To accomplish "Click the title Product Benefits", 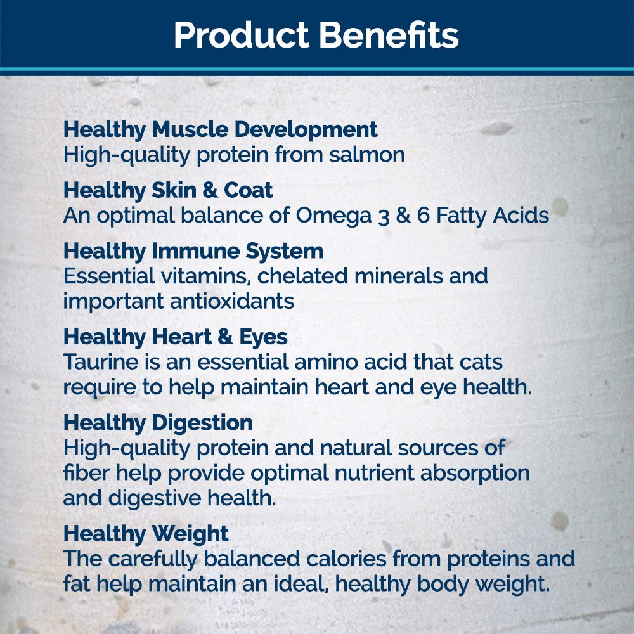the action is point(316,35).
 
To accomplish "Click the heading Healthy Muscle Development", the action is point(221,130).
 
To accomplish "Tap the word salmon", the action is point(366,155).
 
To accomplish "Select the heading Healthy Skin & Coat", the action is point(168,190).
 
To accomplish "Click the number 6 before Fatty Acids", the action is point(423,215).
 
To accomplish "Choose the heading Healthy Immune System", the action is point(193,252).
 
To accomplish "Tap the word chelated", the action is point(302,276).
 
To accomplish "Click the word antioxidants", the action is point(232,301).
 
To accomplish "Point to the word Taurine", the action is point(101,362).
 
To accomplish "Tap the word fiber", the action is point(86,473).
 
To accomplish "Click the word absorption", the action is point(475,474).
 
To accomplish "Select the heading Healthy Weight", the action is point(146,534).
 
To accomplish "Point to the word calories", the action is point(346,559).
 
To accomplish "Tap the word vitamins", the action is point(205,276).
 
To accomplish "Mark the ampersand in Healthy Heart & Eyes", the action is point(225,337).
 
